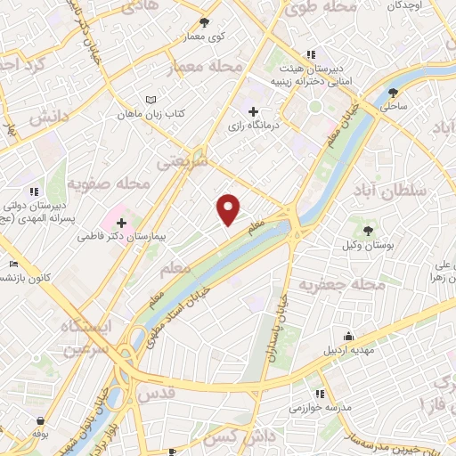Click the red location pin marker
point(229,209)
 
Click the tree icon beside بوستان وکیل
point(368,230)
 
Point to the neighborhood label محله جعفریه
point(343,285)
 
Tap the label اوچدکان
point(422,5)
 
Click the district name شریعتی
point(181,165)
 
